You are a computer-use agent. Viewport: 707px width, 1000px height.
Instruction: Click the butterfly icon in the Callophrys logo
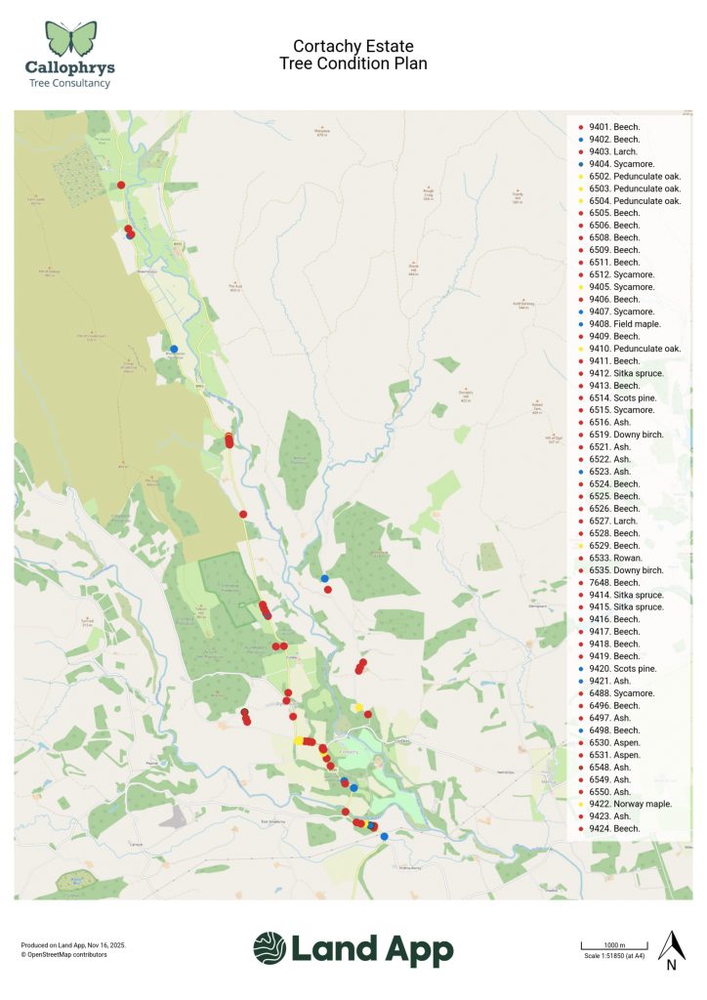[72, 38]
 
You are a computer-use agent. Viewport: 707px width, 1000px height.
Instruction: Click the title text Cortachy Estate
[353, 47]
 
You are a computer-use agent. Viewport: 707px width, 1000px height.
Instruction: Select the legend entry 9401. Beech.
[613, 127]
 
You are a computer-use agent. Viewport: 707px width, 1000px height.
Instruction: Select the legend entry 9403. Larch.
[612, 151]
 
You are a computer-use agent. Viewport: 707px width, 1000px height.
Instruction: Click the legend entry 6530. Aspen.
[614, 743]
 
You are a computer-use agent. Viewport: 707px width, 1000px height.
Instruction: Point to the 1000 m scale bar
[610, 946]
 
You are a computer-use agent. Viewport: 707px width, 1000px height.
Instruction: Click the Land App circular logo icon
[270, 948]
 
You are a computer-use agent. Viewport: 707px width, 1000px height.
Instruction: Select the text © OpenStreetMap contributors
[64, 954]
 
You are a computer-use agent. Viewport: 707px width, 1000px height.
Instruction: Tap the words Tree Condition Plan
[353, 64]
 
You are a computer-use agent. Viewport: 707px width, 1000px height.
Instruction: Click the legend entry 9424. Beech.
[613, 828]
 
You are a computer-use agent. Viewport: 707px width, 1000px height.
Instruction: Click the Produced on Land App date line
[73, 944]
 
